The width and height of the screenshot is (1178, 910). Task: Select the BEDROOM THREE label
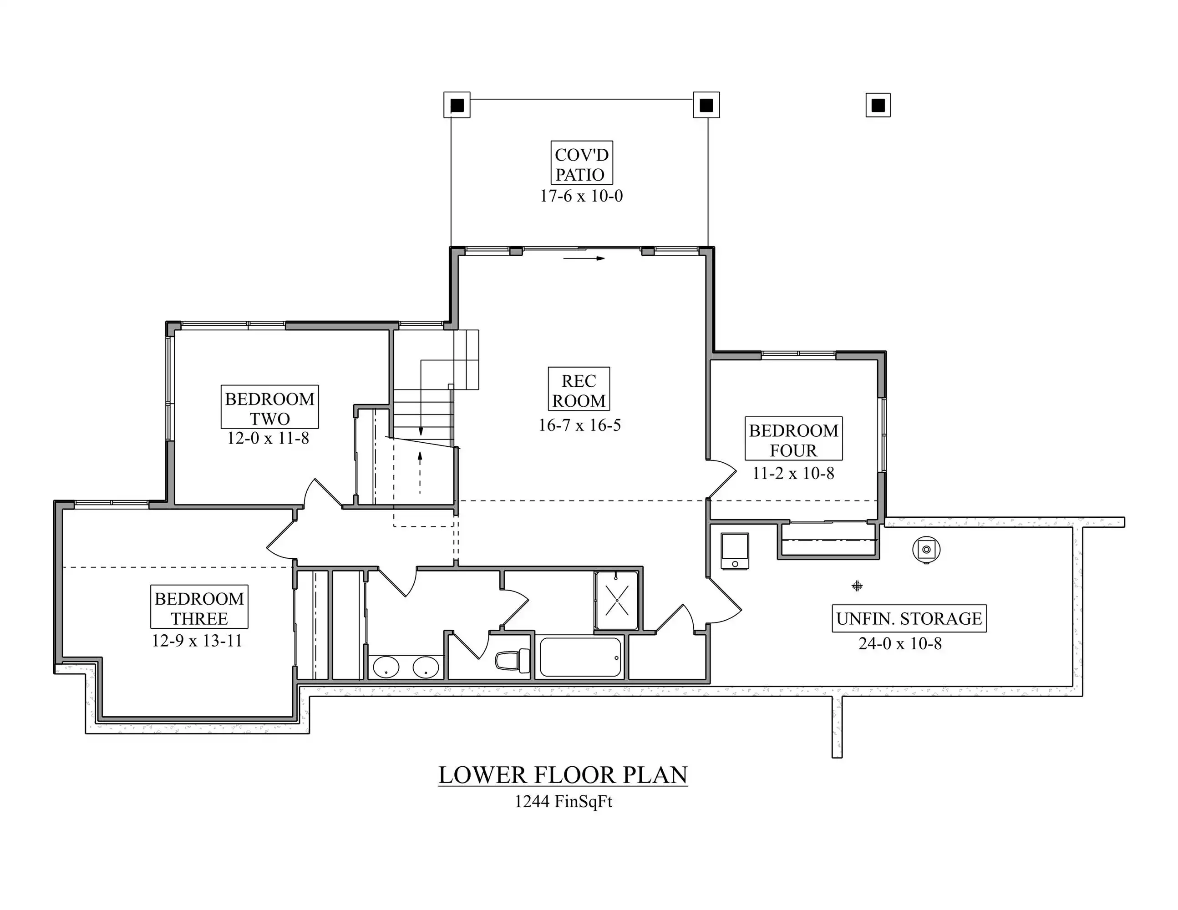point(199,607)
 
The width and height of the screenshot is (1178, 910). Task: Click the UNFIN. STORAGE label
point(909,618)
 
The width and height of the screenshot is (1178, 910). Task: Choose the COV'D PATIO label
point(581,163)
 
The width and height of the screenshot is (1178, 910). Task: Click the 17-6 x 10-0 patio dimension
point(581,196)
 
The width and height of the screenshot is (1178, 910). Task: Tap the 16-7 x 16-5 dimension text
point(579,425)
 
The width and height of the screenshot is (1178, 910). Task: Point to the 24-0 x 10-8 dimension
point(900,643)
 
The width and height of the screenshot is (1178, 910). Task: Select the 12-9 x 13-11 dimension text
point(197,641)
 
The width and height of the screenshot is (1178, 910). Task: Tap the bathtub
point(580,657)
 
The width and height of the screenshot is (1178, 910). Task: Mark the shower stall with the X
point(616,600)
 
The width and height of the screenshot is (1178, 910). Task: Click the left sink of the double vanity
point(386,667)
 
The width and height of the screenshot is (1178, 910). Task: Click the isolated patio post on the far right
point(878,105)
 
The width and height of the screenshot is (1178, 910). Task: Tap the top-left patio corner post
point(457,105)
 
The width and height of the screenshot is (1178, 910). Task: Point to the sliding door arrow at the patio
point(584,258)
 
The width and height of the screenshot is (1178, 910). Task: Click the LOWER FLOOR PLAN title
point(563,775)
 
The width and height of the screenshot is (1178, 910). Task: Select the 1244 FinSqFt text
point(564,802)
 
